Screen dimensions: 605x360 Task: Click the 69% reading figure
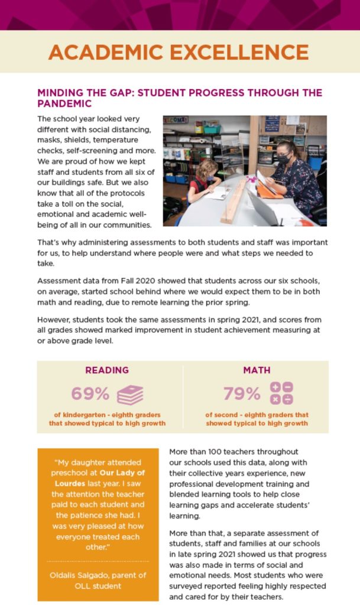[90, 393]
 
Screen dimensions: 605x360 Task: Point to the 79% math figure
[242, 393]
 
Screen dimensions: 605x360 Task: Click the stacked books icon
[130, 394]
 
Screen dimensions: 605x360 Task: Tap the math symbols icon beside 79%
[281, 393]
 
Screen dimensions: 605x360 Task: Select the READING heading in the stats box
[107, 370]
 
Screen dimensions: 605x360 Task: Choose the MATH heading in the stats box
[257, 370]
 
